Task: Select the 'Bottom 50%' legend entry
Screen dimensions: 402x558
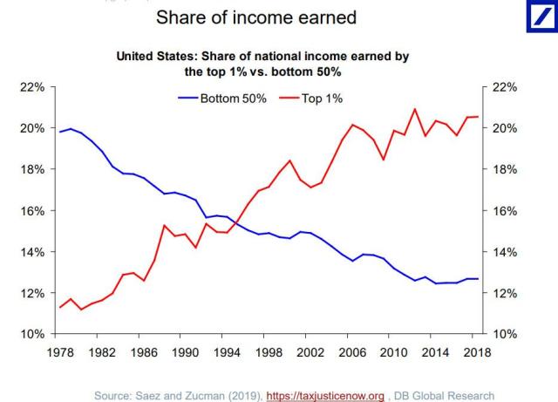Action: click(226, 98)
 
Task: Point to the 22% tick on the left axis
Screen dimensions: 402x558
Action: click(32, 87)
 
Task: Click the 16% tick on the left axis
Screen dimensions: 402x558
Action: click(32, 211)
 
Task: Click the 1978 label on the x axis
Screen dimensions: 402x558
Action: click(59, 352)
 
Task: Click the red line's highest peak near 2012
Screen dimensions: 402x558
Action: click(415, 109)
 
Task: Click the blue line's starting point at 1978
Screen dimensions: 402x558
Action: click(59, 132)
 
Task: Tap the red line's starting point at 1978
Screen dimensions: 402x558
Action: click(59, 307)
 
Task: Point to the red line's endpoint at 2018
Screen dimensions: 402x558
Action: click(478, 117)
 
